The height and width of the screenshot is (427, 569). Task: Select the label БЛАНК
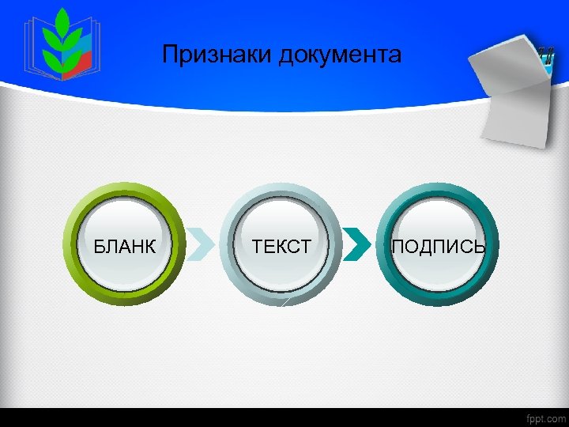124,247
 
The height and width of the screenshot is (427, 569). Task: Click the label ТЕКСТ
281,247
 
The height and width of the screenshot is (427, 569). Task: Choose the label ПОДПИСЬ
439,247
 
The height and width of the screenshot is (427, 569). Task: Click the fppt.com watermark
546,418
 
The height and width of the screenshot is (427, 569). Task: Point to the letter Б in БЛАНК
99,247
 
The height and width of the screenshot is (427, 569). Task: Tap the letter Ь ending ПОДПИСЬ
479,247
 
